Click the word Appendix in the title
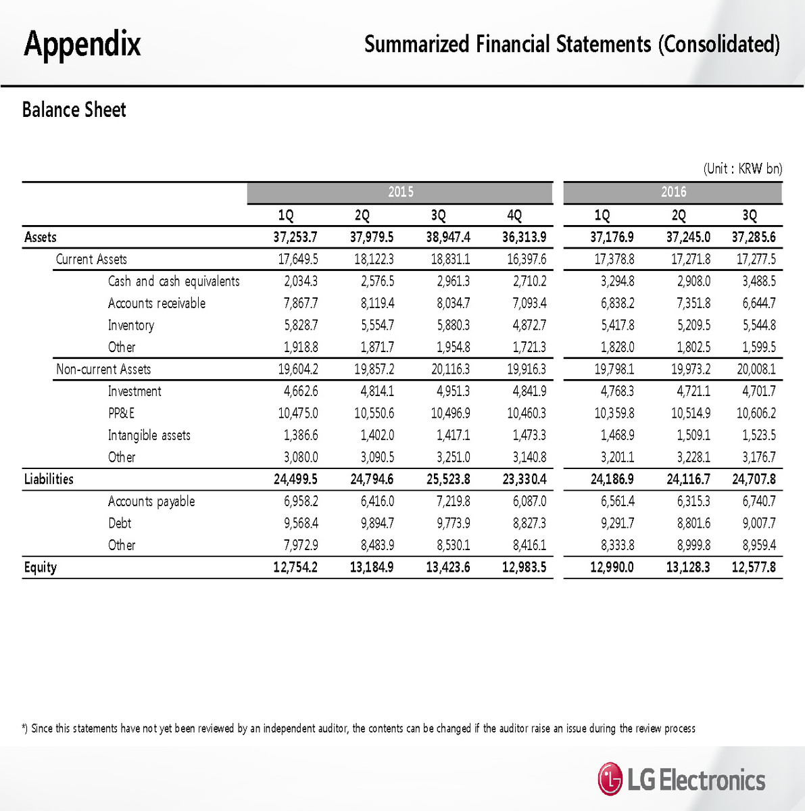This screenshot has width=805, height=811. (x=82, y=44)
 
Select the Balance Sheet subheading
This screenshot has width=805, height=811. (x=74, y=109)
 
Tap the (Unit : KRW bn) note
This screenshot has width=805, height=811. (x=742, y=168)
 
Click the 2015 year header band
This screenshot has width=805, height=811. (x=400, y=193)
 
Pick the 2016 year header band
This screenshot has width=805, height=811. (x=673, y=193)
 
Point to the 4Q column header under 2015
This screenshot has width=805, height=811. (x=514, y=216)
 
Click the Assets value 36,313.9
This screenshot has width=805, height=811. (x=524, y=237)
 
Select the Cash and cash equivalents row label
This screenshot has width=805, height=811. (x=174, y=281)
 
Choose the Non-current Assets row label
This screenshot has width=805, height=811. (x=103, y=369)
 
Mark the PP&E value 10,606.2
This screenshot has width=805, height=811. (x=755, y=413)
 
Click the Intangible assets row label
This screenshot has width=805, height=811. (x=149, y=435)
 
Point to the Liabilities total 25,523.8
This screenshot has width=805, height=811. (x=447, y=479)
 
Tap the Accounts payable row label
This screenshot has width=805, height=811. (x=151, y=501)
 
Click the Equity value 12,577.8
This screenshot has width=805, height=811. (x=754, y=567)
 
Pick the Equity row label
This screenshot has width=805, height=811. (x=41, y=567)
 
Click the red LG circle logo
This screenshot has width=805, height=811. (x=610, y=779)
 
